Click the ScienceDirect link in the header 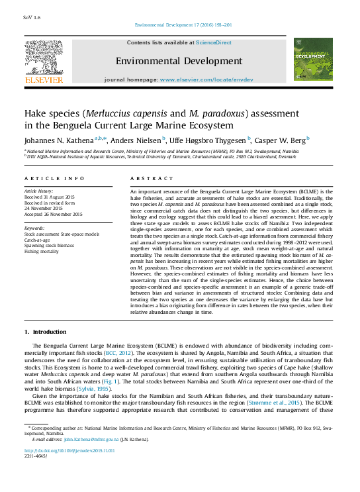click(x=214, y=42)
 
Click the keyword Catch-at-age click(x=38, y=239)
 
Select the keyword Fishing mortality click(x=42, y=251)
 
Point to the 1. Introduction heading click(x=46, y=331)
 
